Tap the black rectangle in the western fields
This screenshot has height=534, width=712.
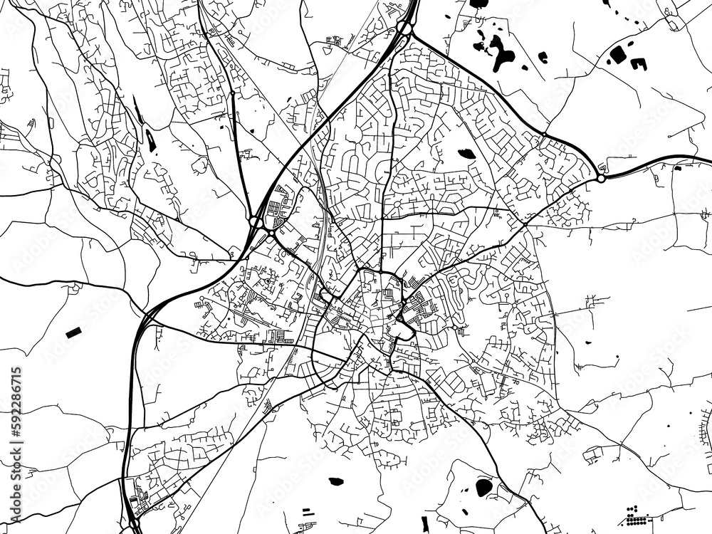coord(73,333)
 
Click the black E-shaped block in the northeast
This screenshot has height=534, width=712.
coord(638,64)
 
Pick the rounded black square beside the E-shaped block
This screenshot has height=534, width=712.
coord(617,53)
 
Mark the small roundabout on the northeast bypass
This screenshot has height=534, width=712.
coord(543,135)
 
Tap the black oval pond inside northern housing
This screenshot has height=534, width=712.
coord(466,153)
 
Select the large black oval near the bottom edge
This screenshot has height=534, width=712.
coord(483,487)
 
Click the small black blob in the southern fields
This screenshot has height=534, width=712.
coord(335,481)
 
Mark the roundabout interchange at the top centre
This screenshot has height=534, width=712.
coord(405,28)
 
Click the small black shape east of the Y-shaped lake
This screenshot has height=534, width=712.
coord(543,57)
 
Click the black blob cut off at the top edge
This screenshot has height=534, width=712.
coord(478,4)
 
